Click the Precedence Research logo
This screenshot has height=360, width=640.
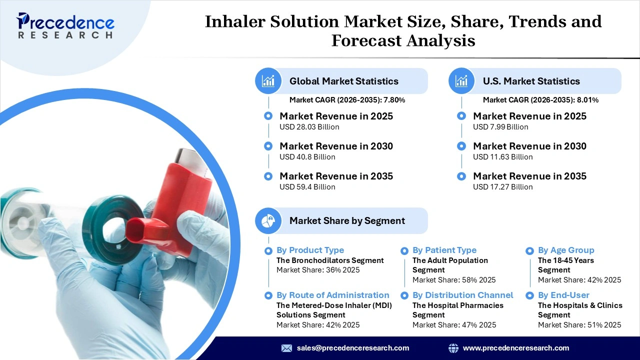65,25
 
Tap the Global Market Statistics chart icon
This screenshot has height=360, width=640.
268,81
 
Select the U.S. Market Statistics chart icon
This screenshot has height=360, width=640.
461,81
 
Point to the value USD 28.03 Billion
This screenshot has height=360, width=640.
309,127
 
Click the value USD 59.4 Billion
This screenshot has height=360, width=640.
307,187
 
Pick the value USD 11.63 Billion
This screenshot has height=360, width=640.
502,157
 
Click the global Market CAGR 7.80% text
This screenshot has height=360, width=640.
347,100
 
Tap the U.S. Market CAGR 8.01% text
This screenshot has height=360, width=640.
540,100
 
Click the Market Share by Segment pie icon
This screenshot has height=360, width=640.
268,220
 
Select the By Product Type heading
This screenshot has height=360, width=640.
310,250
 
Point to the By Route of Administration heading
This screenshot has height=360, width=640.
332,295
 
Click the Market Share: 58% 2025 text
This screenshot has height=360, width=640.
454,280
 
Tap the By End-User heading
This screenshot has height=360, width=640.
563,295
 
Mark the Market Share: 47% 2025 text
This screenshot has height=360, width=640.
454,325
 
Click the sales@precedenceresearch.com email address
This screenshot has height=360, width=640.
352,348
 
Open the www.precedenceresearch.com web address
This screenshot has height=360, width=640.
515,348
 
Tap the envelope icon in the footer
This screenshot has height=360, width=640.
286,348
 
